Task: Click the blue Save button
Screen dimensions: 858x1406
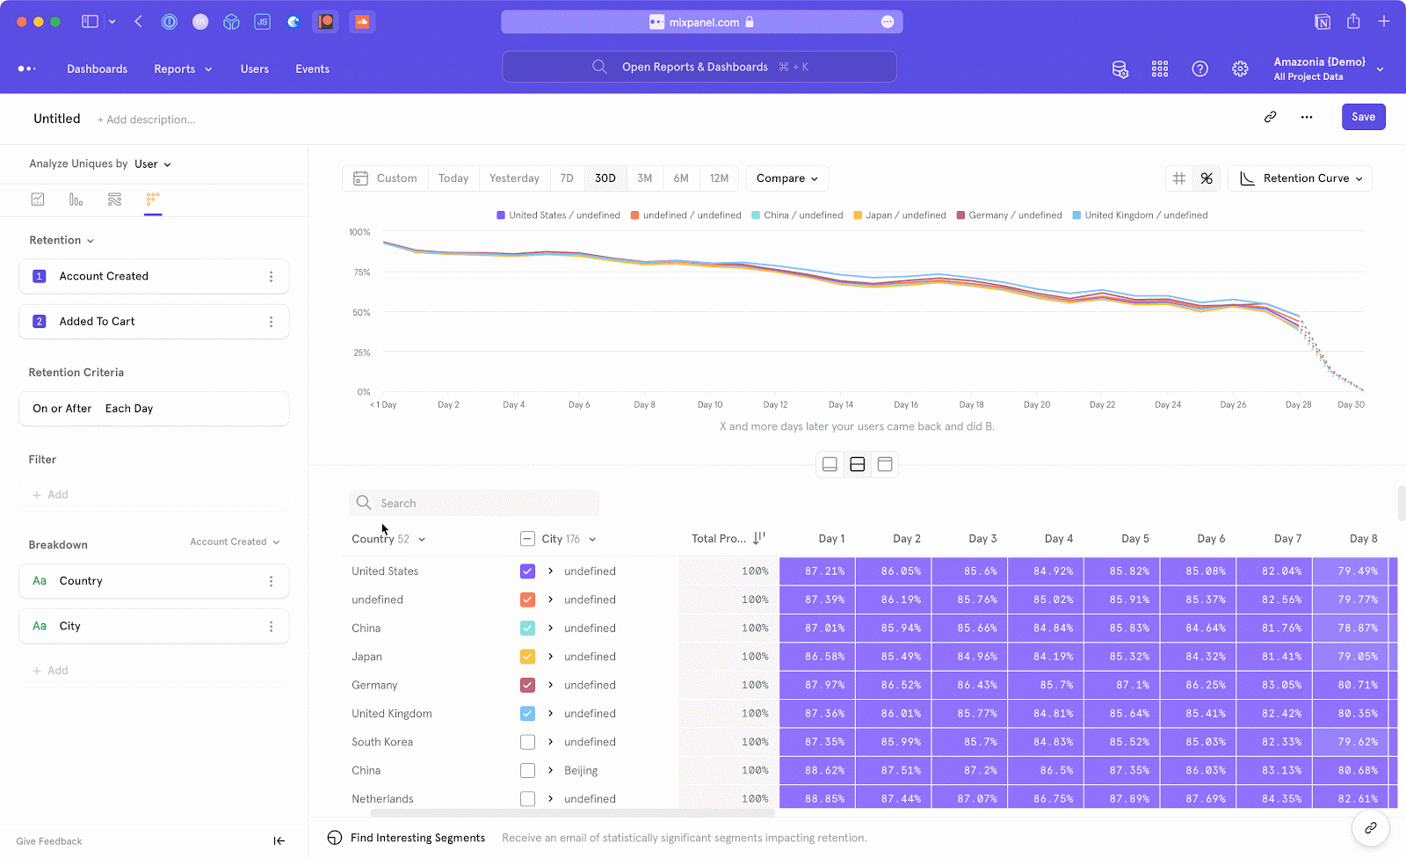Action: click(1363, 117)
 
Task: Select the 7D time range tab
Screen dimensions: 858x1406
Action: click(567, 178)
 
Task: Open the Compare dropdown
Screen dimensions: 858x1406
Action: click(786, 178)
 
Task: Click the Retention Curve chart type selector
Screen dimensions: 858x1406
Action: click(1301, 178)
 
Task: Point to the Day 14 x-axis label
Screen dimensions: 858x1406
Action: click(841, 405)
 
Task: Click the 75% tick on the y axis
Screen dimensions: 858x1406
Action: click(362, 273)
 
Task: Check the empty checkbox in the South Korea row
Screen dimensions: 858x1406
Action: click(527, 742)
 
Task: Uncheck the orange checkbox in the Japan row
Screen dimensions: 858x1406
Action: click(527, 657)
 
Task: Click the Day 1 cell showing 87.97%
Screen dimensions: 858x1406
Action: click(824, 685)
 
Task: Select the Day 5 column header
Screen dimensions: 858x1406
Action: click(1134, 539)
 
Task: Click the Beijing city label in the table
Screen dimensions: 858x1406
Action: click(581, 771)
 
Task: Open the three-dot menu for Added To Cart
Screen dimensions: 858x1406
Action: click(271, 322)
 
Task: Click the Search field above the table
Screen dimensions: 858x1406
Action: click(475, 504)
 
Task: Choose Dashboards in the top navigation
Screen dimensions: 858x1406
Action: click(97, 69)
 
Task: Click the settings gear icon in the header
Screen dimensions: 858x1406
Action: click(1240, 69)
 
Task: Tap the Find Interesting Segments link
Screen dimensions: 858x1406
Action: click(417, 838)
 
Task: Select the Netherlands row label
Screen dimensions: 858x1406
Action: click(382, 799)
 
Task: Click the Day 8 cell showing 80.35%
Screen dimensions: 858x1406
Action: click(1358, 714)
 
